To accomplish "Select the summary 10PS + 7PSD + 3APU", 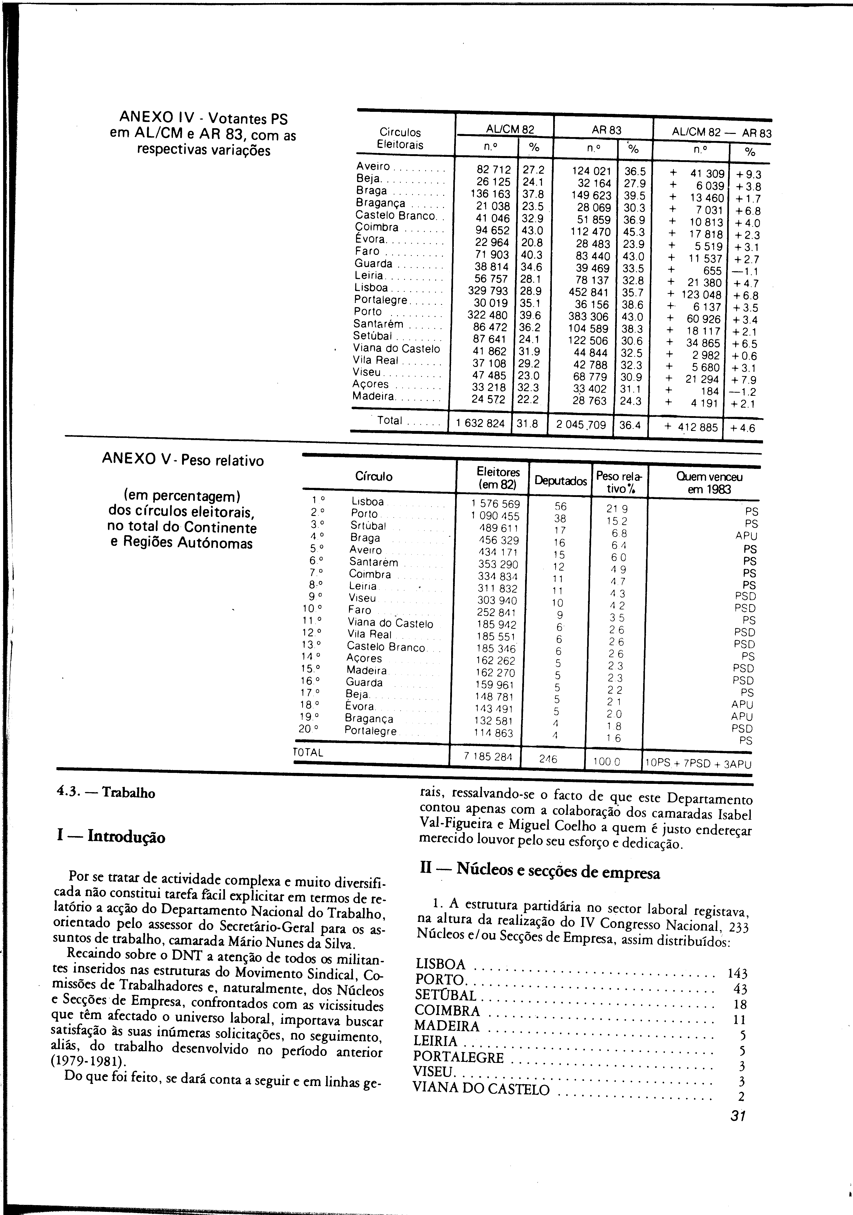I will tap(697, 764).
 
